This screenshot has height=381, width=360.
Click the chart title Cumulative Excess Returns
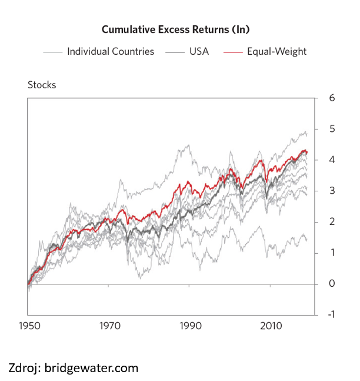click(165, 29)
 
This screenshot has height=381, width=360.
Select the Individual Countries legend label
click(111, 51)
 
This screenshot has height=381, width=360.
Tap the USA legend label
click(199, 51)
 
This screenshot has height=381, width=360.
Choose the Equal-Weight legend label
click(276, 51)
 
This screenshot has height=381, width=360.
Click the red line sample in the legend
click(233, 52)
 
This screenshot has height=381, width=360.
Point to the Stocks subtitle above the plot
click(42, 85)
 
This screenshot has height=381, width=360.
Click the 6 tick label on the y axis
click(332, 98)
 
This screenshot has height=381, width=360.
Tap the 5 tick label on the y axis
click(332, 129)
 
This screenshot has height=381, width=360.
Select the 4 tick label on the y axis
click(332, 160)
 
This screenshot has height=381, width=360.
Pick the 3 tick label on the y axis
click(332, 191)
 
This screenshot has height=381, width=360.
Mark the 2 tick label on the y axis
click(332, 221)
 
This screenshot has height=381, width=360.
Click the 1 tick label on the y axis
click(332, 253)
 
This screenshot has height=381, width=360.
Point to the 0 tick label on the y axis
click(332, 284)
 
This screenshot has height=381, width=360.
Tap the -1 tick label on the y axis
click(331, 314)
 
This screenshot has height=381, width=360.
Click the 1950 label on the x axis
click(29, 326)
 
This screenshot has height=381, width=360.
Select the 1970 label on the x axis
click(110, 326)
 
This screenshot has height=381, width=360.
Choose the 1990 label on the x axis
click(191, 326)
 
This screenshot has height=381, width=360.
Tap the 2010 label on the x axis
click(271, 326)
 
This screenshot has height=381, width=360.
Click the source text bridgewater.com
click(91, 368)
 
